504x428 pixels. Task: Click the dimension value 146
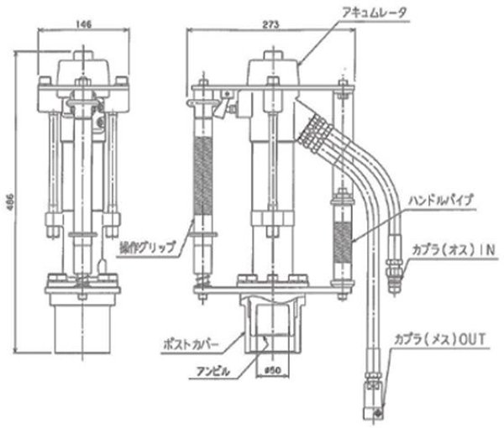[82, 26]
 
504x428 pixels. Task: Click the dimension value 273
[270, 26]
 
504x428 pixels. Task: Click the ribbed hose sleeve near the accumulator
[312, 130]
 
